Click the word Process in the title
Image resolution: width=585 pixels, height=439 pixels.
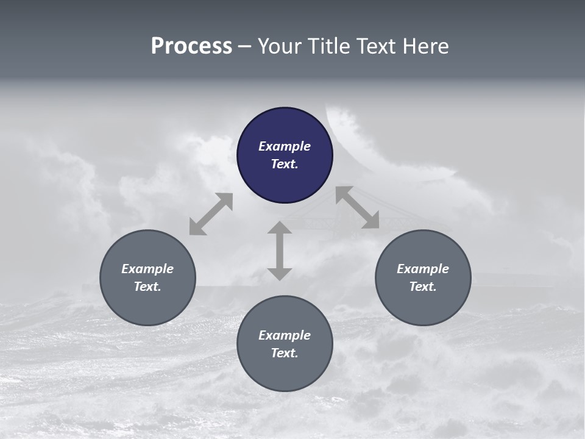[x=191, y=46]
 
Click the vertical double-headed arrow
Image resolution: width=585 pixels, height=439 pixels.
[x=280, y=251]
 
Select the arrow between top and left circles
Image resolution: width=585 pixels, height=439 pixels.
[x=211, y=214]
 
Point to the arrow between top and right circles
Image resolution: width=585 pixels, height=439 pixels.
[x=357, y=207]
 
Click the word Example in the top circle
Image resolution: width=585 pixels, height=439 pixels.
[x=285, y=146]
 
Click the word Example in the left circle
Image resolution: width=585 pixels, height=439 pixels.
[x=147, y=269]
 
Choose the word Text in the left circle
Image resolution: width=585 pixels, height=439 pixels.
[x=147, y=287]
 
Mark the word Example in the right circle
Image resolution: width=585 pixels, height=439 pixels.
[x=423, y=269]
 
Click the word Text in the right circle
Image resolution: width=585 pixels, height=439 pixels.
[x=423, y=287]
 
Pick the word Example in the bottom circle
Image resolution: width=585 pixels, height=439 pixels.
[x=285, y=335]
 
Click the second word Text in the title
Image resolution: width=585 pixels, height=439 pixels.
[x=377, y=46]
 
